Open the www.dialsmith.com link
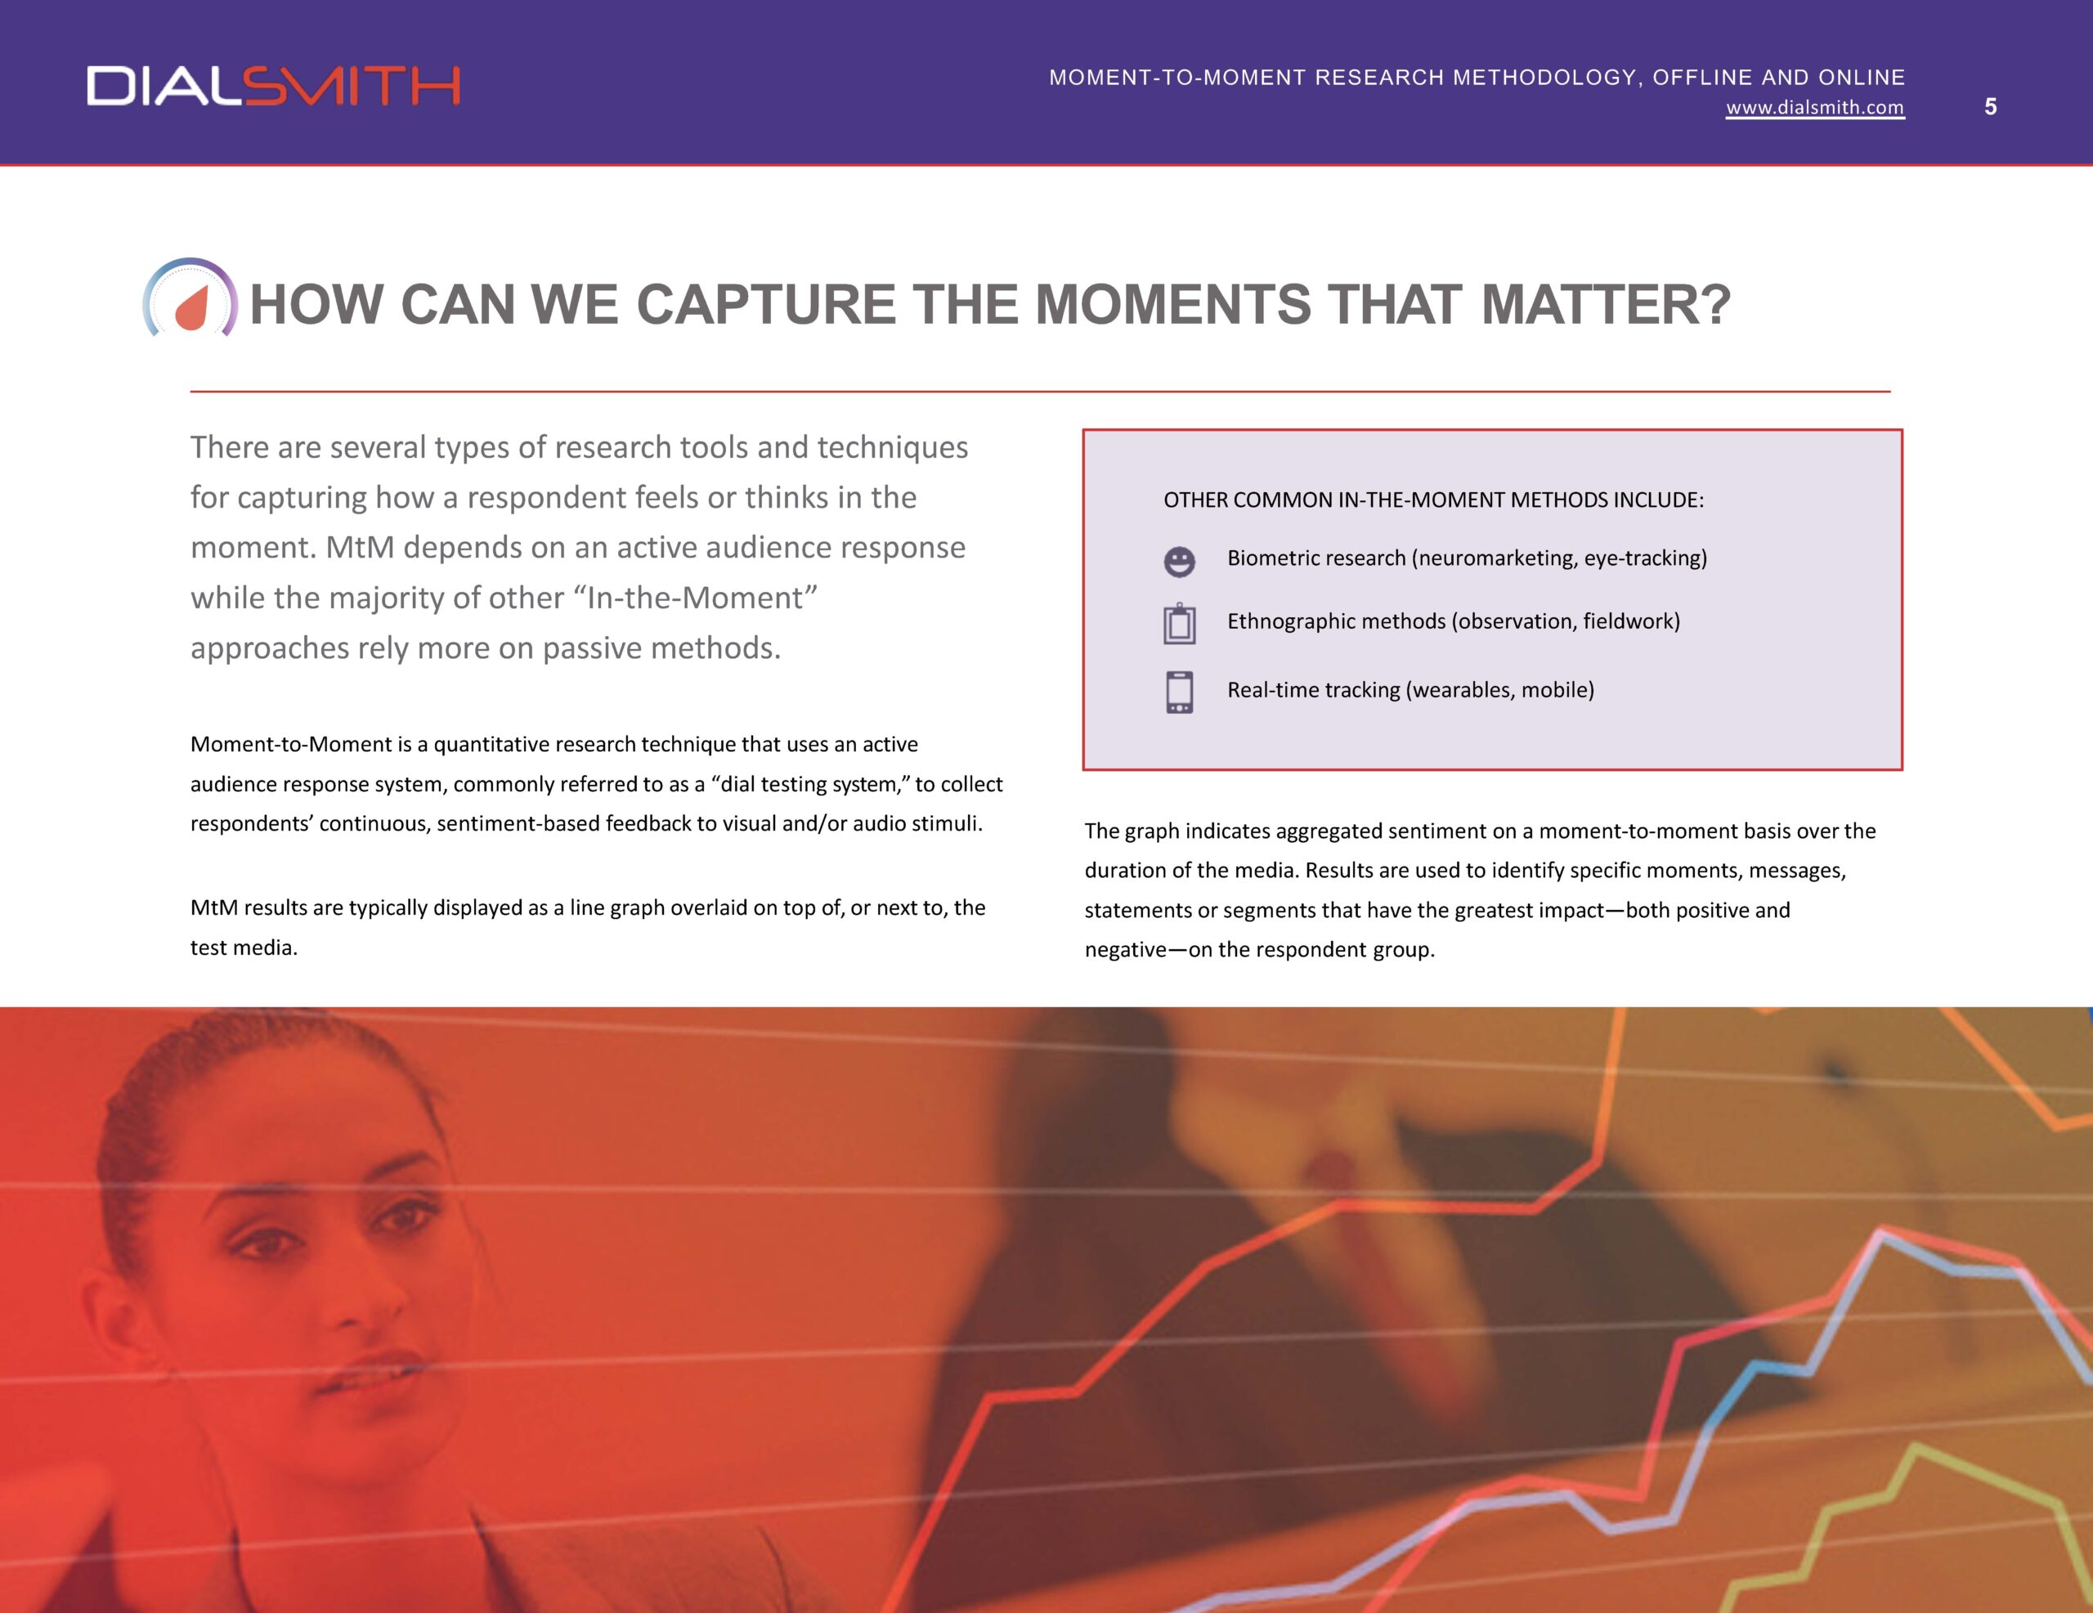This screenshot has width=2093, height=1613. pos(1815,107)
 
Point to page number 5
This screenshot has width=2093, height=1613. pos(1991,106)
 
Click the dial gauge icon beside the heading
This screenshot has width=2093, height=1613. pos(190,299)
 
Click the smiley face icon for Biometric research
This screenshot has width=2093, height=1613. pos(1179,562)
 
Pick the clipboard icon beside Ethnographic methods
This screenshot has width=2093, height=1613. pos(1179,624)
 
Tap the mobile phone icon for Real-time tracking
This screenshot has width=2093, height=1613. pos(1179,692)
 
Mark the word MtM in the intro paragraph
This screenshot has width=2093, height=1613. pos(360,547)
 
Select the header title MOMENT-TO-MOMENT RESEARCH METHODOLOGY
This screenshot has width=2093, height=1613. pos(1342,77)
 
